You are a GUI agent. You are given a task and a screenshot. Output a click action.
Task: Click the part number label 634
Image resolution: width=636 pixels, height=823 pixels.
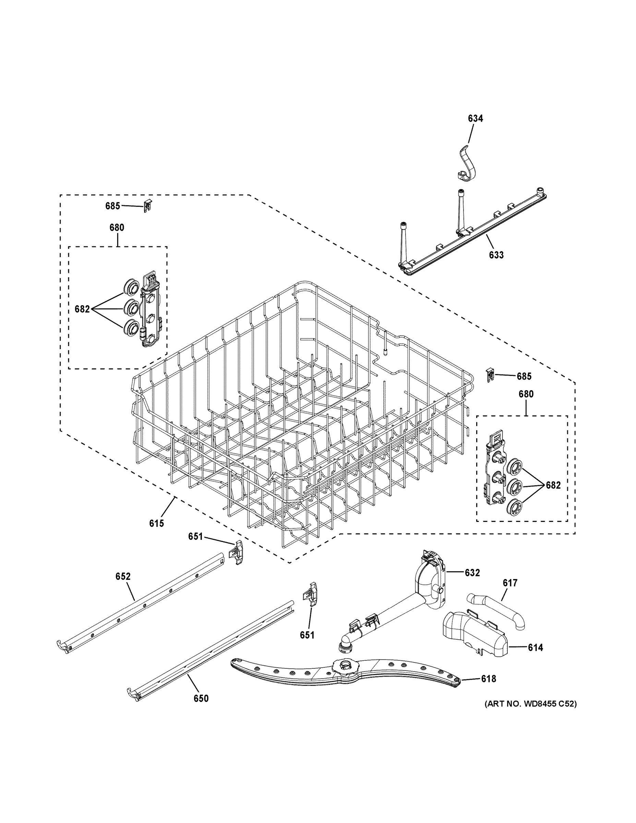475,118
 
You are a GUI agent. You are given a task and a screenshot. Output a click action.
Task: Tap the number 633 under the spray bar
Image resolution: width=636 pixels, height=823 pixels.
496,255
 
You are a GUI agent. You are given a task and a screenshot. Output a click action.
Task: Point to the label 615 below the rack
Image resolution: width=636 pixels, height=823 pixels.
156,523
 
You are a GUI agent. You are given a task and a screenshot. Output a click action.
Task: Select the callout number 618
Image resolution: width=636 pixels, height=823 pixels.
489,679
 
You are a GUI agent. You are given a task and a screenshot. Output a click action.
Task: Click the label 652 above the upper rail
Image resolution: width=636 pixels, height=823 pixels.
123,576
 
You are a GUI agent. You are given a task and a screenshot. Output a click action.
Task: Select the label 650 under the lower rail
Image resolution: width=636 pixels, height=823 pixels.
201,698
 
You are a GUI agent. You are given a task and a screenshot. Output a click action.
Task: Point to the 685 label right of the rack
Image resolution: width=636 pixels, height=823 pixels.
524,376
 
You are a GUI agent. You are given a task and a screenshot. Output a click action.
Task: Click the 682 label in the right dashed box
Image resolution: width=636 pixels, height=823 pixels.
553,485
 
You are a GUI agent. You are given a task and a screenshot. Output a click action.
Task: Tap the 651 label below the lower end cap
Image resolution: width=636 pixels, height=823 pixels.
307,635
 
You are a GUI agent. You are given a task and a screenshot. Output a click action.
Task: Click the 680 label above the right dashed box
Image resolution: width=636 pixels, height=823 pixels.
526,394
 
